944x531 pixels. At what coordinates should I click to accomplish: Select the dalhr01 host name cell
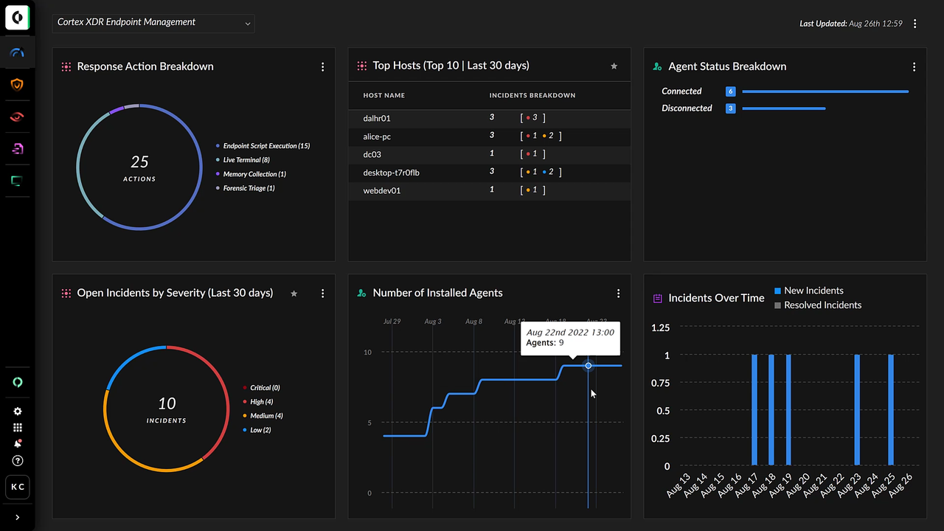point(377,118)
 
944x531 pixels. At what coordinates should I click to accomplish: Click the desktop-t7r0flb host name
point(391,173)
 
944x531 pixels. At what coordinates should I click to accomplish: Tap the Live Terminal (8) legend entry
point(246,160)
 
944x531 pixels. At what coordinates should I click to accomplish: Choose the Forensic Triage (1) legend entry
point(249,188)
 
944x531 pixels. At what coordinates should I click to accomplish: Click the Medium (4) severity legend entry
point(266,416)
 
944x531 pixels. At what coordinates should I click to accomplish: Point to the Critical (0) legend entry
point(265,388)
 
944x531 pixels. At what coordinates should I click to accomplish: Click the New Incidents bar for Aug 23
point(857,410)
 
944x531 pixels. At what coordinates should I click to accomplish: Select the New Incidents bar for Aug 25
point(891,410)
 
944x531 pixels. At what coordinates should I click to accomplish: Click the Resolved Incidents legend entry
point(822,305)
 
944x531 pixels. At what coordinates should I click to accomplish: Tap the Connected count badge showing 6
point(730,91)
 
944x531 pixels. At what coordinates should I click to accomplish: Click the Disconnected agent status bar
point(783,108)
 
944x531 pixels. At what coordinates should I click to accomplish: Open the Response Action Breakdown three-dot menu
point(322,67)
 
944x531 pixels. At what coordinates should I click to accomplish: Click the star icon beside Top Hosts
point(614,66)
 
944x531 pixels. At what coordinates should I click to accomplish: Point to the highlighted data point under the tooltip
point(588,366)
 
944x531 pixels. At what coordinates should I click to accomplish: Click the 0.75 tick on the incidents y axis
point(660,383)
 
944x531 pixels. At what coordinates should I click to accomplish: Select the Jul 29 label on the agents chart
point(392,322)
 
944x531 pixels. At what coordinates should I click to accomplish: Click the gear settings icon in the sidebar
point(18,412)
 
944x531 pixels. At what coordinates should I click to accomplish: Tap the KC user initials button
point(18,487)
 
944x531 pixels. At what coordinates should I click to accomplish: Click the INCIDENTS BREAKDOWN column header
point(532,95)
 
